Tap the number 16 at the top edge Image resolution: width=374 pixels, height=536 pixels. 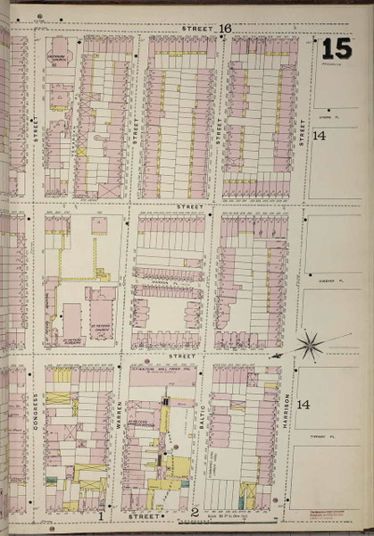tap(226, 29)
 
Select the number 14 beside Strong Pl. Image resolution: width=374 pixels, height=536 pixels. tap(319, 136)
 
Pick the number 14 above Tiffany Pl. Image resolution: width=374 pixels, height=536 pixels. tap(303, 405)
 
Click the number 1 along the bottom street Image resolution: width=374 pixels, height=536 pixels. tap(103, 515)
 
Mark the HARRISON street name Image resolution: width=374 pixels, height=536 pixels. tap(287, 407)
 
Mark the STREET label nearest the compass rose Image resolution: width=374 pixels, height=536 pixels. tap(183, 356)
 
